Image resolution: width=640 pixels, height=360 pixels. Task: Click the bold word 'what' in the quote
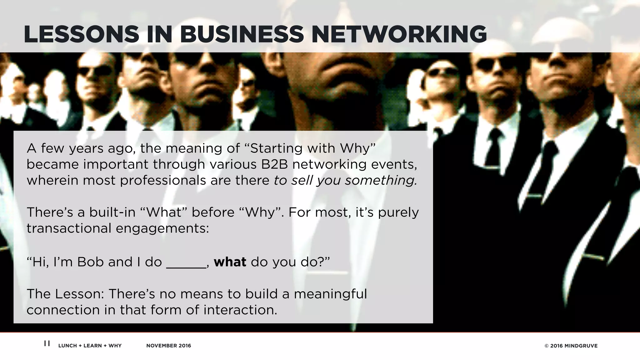tap(230, 262)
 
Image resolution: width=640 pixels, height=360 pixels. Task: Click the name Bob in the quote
tap(90, 262)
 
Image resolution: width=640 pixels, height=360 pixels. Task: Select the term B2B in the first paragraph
tap(274, 164)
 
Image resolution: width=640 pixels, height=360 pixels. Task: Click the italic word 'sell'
tap(302, 181)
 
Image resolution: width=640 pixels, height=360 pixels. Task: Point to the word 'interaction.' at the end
tap(240, 310)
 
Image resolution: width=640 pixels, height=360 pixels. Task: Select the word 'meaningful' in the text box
tap(330, 294)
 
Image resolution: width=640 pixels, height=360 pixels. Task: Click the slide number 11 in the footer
tap(47, 343)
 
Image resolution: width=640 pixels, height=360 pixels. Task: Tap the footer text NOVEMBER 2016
tap(168, 346)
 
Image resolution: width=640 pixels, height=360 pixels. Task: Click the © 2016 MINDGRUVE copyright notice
tap(571, 346)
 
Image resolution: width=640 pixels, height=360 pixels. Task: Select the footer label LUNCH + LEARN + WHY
tap(90, 346)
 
